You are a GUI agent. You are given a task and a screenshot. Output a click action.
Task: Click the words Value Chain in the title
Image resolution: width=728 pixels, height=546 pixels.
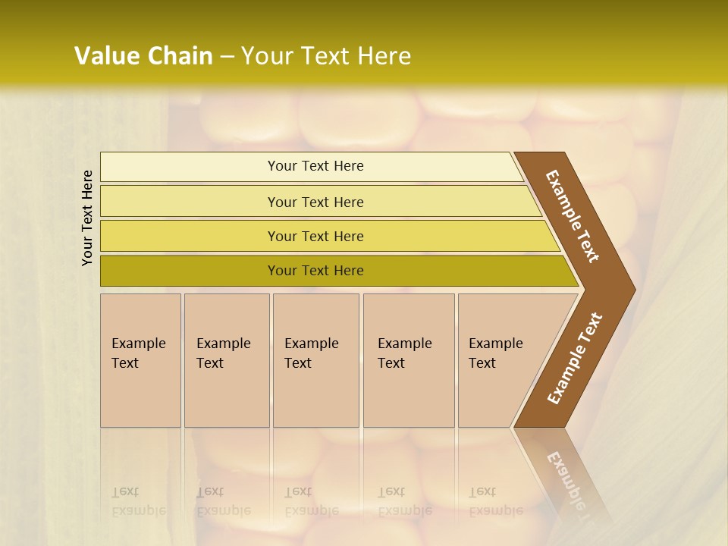(x=143, y=56)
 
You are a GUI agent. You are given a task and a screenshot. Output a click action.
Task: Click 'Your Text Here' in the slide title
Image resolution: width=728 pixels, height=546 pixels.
(x=326, y=56)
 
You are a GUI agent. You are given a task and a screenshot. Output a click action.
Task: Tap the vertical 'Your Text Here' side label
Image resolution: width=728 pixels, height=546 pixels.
(x=87, y=218)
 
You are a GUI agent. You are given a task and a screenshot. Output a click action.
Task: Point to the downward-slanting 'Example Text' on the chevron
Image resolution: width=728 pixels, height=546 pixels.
(x=573, y=215)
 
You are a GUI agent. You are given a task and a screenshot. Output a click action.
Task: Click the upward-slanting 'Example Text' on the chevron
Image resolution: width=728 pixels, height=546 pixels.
(x=574, y=358)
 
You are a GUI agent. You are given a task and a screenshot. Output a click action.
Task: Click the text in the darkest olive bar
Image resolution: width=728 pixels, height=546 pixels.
(x=315, y=271)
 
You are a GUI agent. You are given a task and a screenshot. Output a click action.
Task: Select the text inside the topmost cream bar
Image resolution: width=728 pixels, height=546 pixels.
(x=315, y=166)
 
